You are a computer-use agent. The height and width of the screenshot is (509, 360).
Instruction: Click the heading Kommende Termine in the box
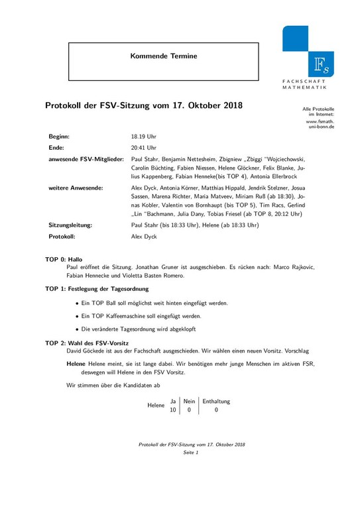(x=164, y=56)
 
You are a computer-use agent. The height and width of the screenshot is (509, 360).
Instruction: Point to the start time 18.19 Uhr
(x=144, y=136)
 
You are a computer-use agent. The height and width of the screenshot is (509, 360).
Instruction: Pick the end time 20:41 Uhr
(x=144, y=148)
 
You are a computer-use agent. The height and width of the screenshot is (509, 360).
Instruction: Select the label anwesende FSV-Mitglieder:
(x=86, y=160)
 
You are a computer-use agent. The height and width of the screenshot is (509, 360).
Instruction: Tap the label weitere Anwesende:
(x=75, y=188)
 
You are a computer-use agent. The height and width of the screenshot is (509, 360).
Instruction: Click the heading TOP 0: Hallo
(x=64, y=259)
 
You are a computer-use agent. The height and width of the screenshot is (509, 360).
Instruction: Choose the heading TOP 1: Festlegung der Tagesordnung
(x=96, y=289)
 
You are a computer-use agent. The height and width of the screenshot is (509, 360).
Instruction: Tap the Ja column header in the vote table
(x=173, y=401)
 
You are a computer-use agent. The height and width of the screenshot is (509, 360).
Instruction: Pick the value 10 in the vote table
(x=173, y=410)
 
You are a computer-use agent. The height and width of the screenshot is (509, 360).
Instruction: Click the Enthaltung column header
(x=216, y=401)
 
